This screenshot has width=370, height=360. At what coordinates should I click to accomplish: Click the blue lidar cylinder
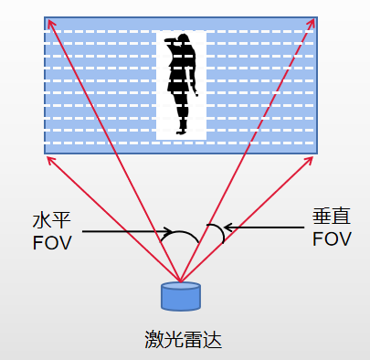[x=180, y=298]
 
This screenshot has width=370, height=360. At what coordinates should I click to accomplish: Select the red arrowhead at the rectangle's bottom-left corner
[x=51, y=158]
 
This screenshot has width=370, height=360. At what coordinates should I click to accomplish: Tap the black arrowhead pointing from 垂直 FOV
[x=228, y=227]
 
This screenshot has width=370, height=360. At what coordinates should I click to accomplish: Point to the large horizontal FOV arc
[x=183, y=233]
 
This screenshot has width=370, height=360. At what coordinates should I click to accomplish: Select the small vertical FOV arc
[x=217, y=233]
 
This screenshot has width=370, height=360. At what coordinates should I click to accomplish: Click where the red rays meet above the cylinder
[x=180, y=281]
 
